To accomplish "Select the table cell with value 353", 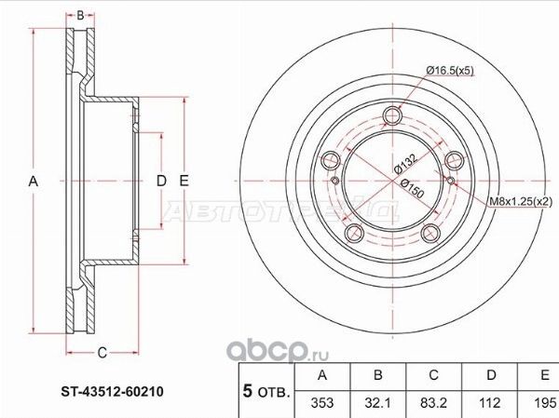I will [x=322, y=403].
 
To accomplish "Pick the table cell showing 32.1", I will [x=378, y=403].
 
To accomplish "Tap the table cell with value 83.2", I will [x=434, y=403].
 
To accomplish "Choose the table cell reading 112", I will [x=489, y=403].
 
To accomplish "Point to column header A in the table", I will [x=322, y=376].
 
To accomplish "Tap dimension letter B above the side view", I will [x=81, y=15].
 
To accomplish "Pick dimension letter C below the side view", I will [x=102, y=351].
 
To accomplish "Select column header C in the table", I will [x=434, y=376].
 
